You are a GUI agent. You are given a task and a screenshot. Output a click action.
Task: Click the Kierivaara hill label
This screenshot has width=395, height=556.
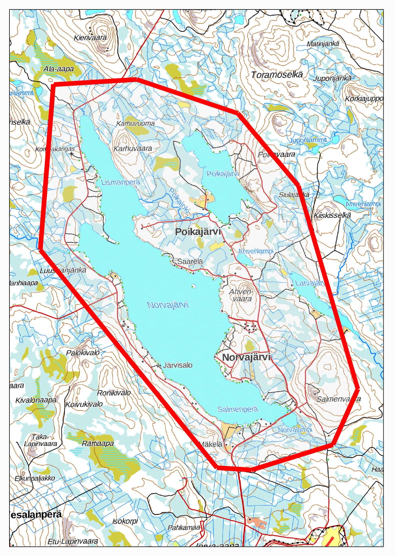pyautogui.click(x=90, y=38)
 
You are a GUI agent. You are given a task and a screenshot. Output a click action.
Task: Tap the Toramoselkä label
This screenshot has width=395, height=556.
pyautogui.click(x=277, y=74)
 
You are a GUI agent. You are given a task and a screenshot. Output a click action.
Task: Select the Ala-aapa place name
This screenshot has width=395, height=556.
pyautogui.click(x=58, y=69)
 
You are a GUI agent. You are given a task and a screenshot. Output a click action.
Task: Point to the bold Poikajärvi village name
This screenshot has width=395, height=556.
pyautogui.click(x=198, y=232)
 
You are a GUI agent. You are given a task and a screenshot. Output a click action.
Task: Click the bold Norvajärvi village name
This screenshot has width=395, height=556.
pyautogui.click(x=246, y=357)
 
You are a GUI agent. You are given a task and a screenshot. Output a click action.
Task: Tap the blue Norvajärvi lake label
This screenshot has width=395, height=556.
pyautogui.click(x=168, y=305)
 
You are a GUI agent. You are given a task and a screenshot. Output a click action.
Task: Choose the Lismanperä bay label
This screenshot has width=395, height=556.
pyautogui.click(x=120, y=182)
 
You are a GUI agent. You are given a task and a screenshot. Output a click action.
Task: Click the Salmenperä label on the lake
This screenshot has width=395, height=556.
pyautogui.click(x=238, y=409)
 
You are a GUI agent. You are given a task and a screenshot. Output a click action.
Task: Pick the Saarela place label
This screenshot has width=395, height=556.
pyautogui.click(x=190, y=261)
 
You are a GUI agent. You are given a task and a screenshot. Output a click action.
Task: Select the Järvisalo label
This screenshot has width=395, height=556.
pyautogui.click(x=178, y=365)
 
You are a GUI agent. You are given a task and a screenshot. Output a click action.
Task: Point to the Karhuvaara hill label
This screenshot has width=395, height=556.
pyautogui.click(x=133, y=148)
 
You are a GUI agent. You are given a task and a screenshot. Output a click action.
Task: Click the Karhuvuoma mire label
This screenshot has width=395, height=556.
pyautogui.click(x=135, y=124)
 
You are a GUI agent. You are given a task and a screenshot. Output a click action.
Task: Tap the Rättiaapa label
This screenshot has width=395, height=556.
pyautogui.click(x=98, y=443)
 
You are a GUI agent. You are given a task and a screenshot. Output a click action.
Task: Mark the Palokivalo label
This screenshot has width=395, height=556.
pyautogui.click(x=83, y=352)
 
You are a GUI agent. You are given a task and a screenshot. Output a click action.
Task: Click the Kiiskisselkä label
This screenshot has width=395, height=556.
pyautogui.click(x=332, y=215)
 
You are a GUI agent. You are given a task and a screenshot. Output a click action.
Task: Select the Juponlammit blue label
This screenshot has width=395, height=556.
pyautogui.click(x=308, y=140)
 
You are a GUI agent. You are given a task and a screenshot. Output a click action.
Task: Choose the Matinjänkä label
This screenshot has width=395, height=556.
pyautogui.click(x=323, y=44)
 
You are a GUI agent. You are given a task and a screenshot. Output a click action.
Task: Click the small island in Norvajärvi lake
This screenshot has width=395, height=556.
pyautogui.click(x=194, y=286)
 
